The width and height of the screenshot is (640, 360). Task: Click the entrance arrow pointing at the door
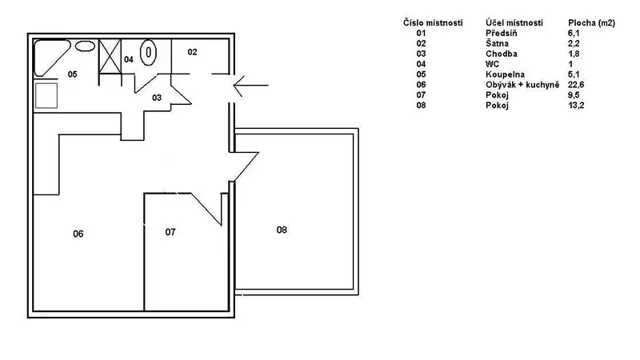(x=250, y=86)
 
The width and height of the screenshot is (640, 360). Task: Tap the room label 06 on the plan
(x=78, y=234)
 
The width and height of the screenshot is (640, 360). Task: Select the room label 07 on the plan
(x=170, y=232)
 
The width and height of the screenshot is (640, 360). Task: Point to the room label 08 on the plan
(x=282, y=230)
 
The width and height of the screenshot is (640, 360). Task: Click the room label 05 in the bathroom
(x=72, y=74)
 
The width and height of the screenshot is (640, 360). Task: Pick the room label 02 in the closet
(x=192, y=52)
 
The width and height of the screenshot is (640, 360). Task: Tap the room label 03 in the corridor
(x=157, y=98)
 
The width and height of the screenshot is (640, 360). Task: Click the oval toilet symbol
(x=148, y=52)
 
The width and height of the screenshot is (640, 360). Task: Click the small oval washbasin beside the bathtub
(x=85, y=46)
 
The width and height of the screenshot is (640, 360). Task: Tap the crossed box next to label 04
(x=110, y=56)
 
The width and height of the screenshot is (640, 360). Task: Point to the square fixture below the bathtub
(x=46, y=96)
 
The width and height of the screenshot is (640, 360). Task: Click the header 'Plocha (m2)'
(x=591, y=23)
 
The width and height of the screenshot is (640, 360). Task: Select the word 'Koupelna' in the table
(x=505, y=74)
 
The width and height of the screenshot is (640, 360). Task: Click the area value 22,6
(x=576, y=85)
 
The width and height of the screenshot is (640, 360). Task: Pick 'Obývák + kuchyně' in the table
(x=522, y=85)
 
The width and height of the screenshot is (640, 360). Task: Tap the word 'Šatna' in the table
(x=497, y=44)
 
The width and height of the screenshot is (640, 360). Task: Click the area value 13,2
(x=576, y=106)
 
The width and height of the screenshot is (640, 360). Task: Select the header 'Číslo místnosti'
(x=433, y=23)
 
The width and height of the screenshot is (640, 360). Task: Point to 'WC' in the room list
(x=492, y=65)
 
